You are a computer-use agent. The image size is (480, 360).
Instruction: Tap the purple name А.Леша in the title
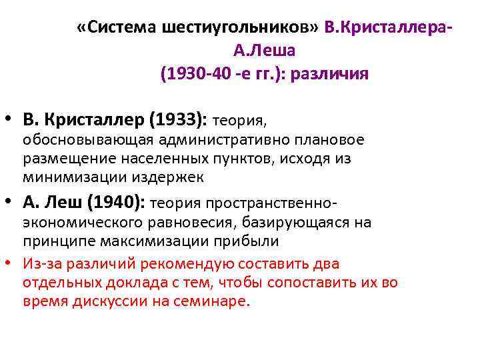click(x=265, y=50)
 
